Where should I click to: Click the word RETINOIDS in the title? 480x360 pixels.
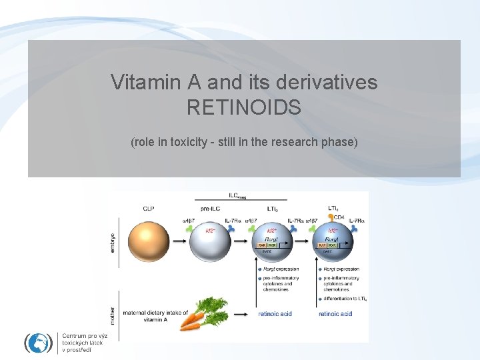tap(243, 107)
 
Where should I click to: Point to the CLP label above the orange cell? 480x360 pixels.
tap(149, 208)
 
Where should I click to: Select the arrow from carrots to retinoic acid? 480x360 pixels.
tap(241, 313)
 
